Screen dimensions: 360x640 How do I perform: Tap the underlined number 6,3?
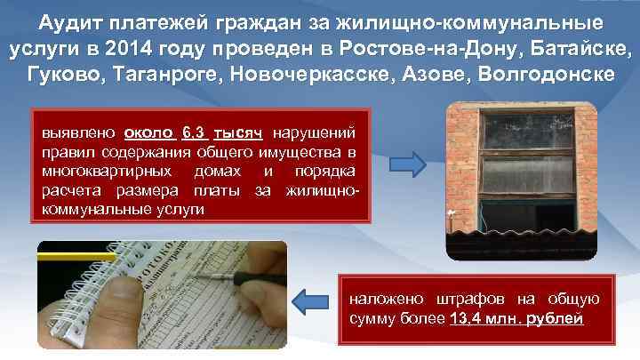click(194, 132)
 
